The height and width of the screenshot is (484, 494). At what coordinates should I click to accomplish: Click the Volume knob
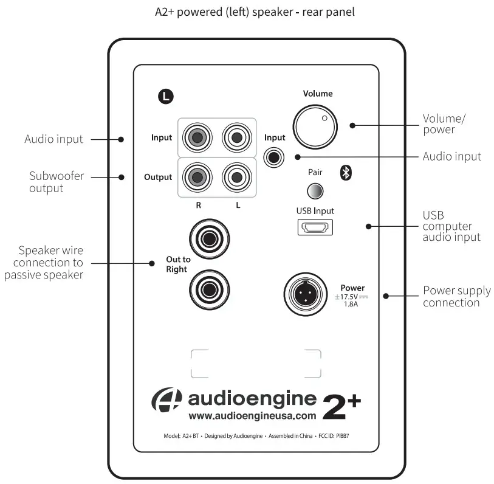[314, 126]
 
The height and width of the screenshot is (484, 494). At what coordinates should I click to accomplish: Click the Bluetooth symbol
[346, 173]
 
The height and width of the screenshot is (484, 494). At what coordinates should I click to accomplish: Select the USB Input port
[315, 228]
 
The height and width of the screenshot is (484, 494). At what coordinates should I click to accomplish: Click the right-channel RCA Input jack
[197, 137]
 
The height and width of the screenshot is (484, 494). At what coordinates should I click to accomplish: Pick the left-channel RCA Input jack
[237, 137]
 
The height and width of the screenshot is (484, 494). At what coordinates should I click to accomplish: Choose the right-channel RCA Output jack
[197, 177]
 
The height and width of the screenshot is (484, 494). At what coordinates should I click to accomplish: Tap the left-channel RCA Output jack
[237, 177]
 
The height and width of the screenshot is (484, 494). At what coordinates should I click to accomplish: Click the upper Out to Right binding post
[208, 238]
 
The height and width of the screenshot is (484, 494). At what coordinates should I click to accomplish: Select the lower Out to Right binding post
[208, 288]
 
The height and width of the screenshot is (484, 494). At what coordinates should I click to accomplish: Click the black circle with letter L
[165, 95]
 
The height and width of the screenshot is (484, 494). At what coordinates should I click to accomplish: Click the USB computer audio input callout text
[451, 226]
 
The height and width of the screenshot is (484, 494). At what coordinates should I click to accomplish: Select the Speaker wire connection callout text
[44, 262]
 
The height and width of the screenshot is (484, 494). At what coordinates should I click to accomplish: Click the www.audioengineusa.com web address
[253, 417]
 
